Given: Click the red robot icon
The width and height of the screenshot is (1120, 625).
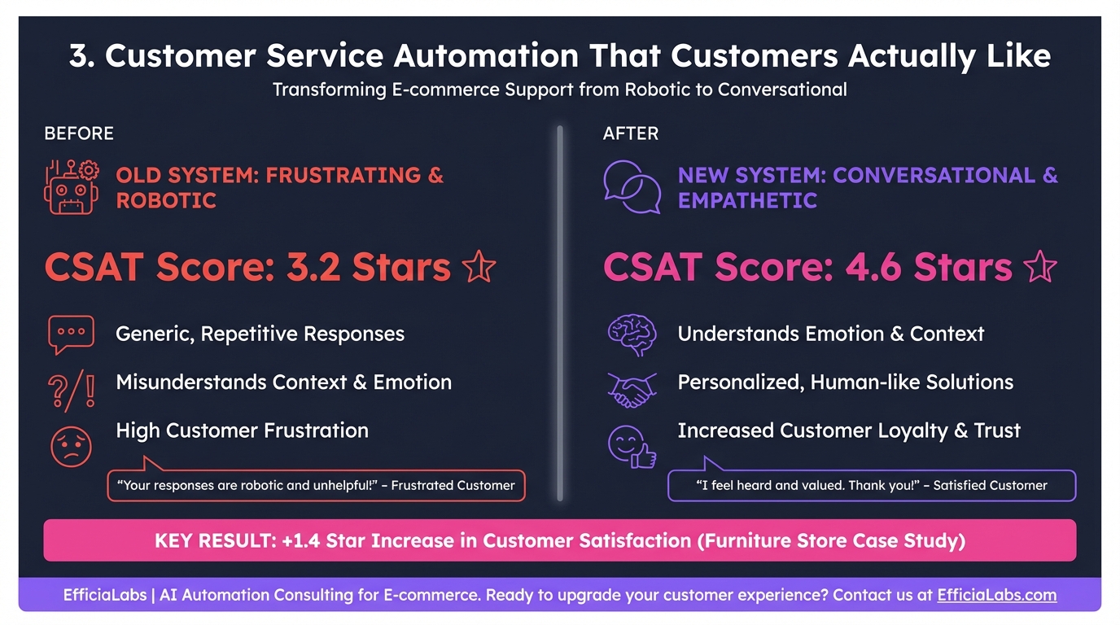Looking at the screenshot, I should [72, 188].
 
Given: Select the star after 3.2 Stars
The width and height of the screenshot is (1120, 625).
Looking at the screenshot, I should [479, 268].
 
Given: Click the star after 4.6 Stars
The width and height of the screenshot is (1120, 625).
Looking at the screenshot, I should [1040, 268].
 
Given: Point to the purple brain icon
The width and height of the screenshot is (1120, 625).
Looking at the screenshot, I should [632, 334].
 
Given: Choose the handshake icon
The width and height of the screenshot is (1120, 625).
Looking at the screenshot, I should [632, 389].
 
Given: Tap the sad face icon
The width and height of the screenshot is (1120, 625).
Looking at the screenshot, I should [72, 446].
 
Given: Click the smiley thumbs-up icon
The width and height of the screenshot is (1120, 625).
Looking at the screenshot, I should [632, 446].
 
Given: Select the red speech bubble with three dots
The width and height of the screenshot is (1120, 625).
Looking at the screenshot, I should [72, 334].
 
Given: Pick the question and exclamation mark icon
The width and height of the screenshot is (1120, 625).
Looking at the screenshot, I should [72, 389].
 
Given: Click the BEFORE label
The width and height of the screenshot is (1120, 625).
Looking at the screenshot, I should [79, 133].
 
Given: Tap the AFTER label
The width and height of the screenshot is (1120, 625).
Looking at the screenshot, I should [631, 133].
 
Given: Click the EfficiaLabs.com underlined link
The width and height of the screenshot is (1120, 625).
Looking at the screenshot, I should [996, 595].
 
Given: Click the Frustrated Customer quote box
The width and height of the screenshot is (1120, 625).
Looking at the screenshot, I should [316, 486].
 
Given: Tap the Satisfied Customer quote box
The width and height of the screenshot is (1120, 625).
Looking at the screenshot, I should [872, 486].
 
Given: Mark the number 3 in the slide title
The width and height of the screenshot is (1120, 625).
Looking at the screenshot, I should [79, 56].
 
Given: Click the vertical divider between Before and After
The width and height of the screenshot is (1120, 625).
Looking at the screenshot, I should [560, 313].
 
